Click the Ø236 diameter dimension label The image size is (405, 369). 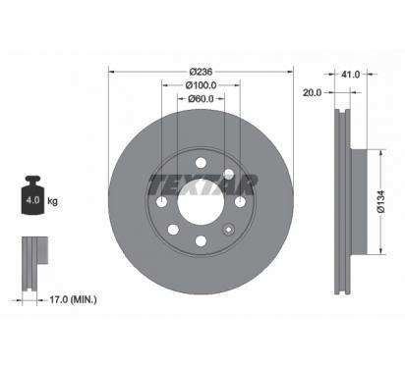pyautogui.click(x=201, y=72)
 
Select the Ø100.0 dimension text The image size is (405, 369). pyautogui.click(x=201, y=85)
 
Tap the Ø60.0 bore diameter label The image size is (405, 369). pyautogui.click(x=201, y=98)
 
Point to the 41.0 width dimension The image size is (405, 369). pyautogui.click(x=351, y=75)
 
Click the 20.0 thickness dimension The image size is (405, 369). pyautogui.click(x=312, y=92)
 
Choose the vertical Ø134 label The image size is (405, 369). pyautogui.click(x=381, y=201)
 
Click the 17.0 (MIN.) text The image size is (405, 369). pyautogui.click(x=73, y=299)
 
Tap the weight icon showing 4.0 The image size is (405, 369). pyautogui.click(x=32, y=195)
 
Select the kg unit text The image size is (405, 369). pyautogui.click(x=52, y=200)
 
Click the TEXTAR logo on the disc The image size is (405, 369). pyautogui.click(x=202, y=184)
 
